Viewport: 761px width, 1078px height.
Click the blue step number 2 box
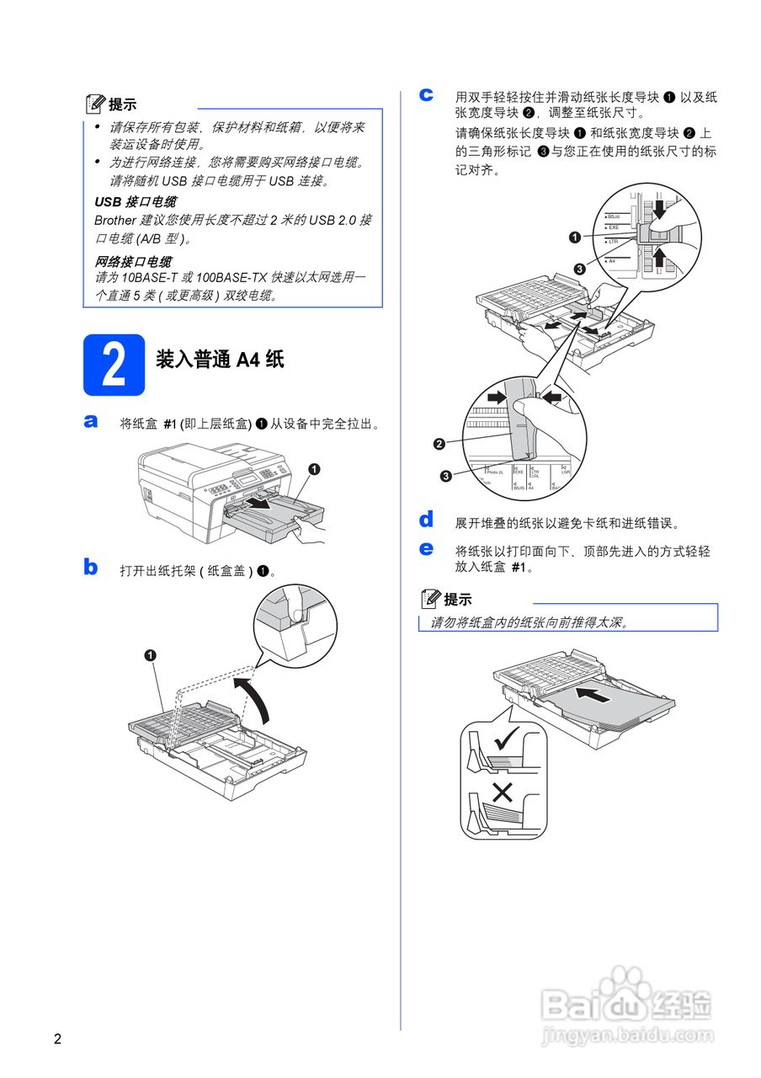[x=114, y=365]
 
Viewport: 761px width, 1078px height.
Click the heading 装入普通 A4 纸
[x=220, y=360]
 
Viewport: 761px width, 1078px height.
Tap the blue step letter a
[x=91, y=421]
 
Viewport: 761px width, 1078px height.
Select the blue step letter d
[x=427, y=519]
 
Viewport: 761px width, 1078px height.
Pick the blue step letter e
[x=427, y=549]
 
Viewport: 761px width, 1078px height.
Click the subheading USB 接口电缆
[x=136, y=202]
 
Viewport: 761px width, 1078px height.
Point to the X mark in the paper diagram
[x=503, y=792]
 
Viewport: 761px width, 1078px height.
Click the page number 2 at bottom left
[x=57, y=1038]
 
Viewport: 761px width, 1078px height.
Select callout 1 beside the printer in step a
[x=312, y=469]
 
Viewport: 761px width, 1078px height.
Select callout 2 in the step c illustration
[x=439, y=443]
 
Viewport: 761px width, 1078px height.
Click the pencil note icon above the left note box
[x=96, y=104]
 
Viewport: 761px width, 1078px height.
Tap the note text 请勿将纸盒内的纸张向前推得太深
[x=530, y=623]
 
